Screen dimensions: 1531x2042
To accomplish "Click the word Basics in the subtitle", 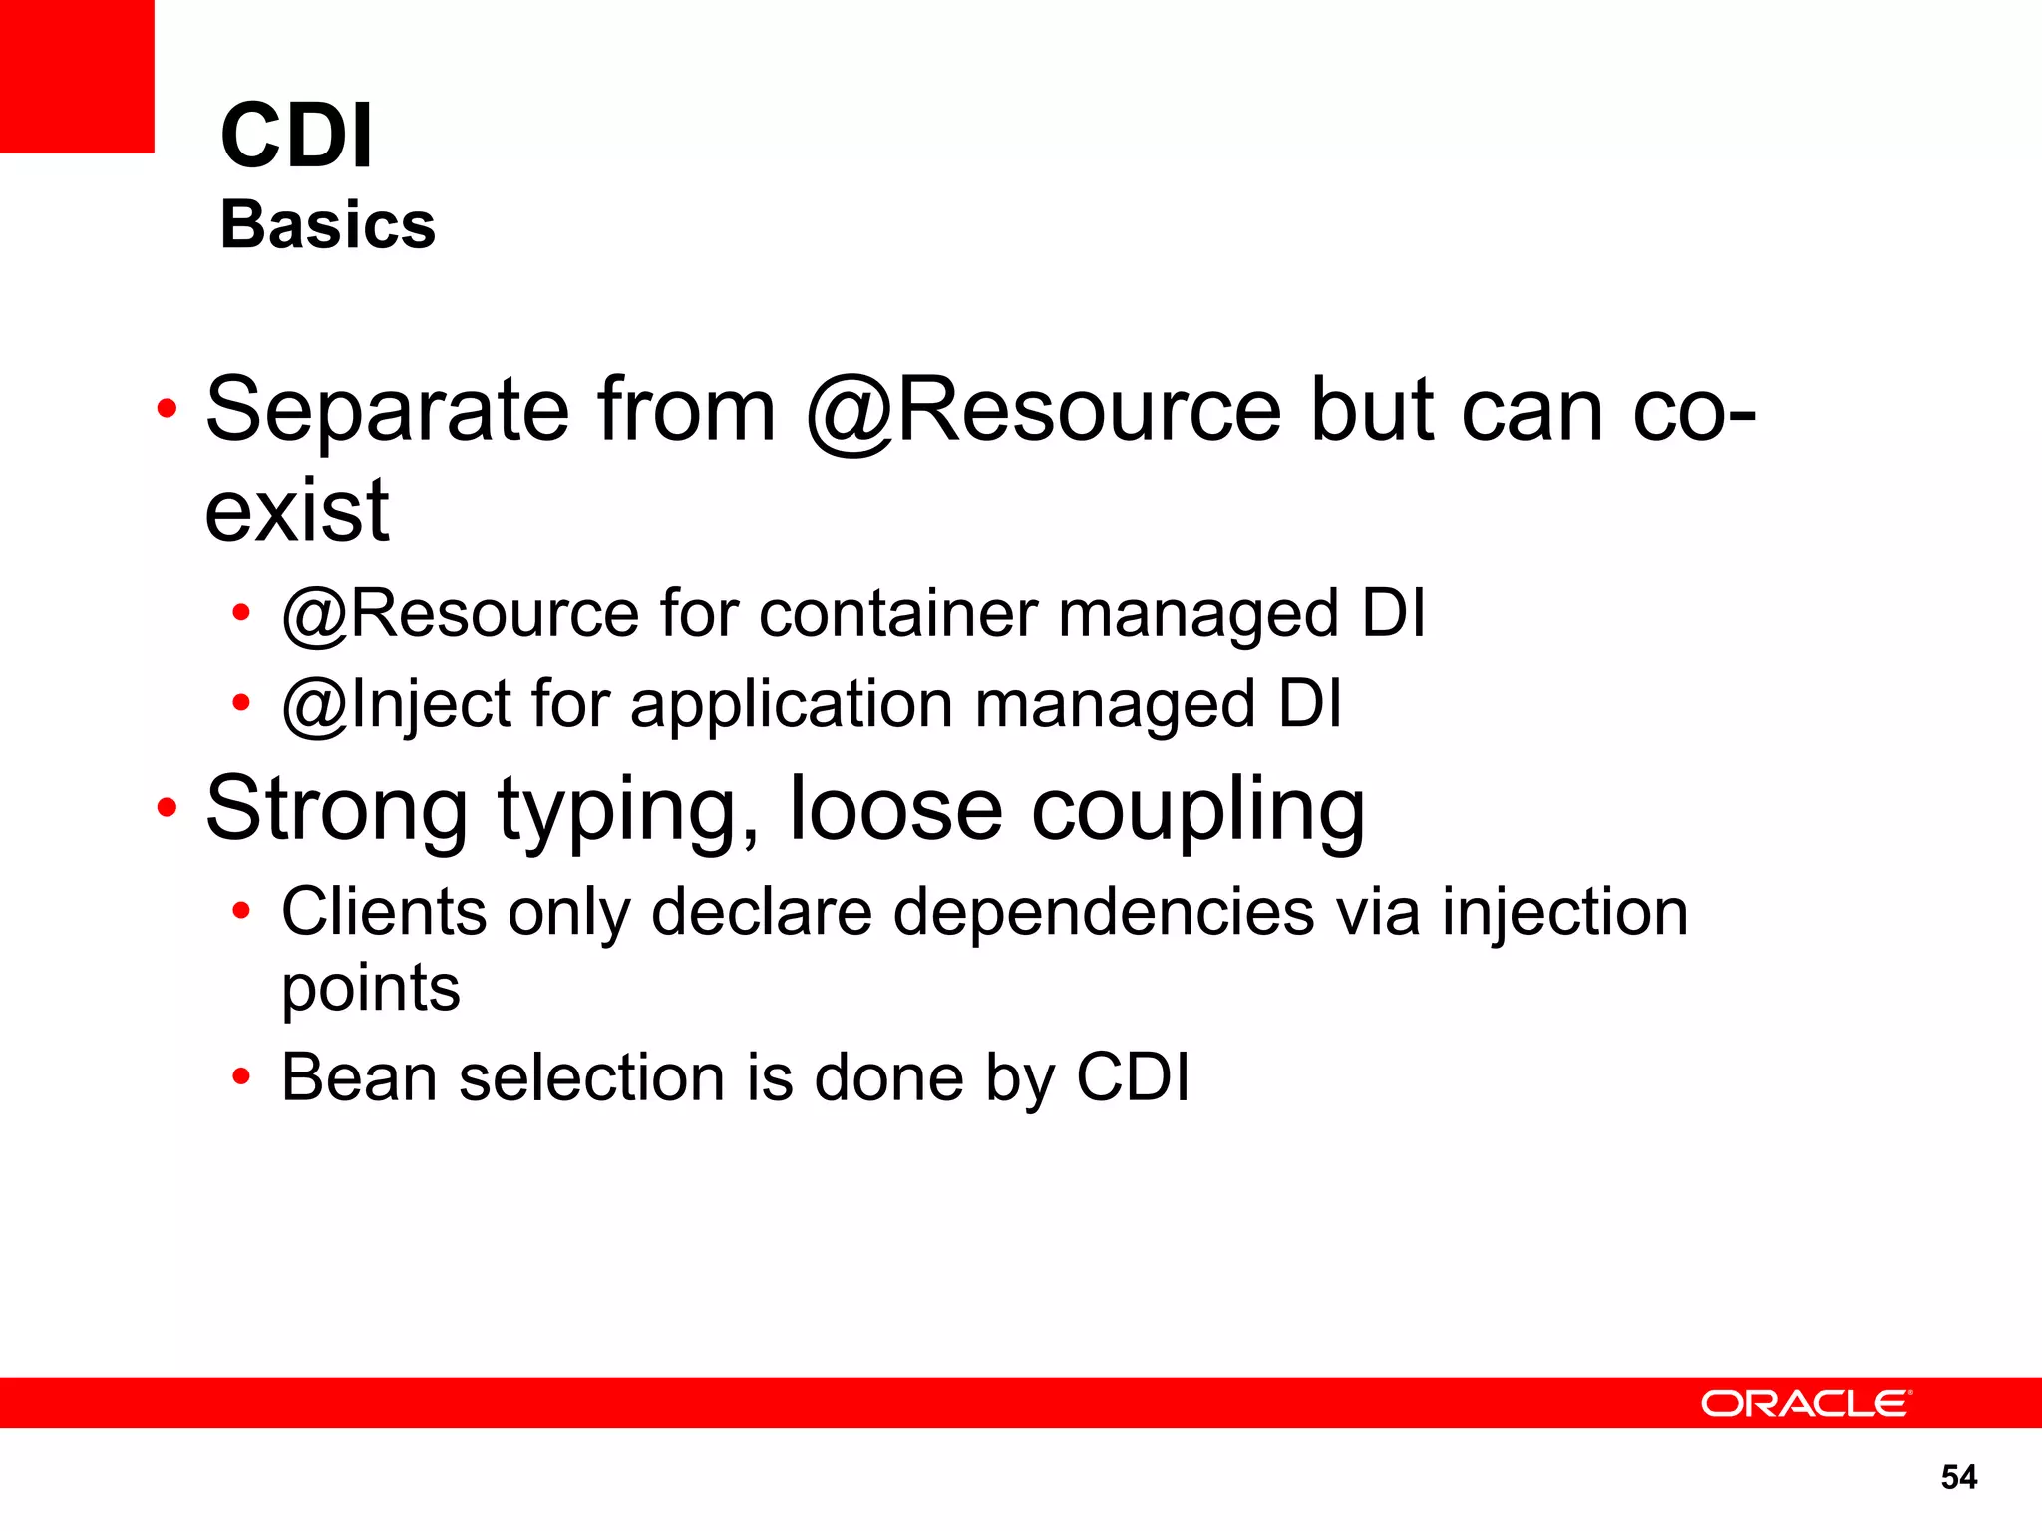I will point(328,225).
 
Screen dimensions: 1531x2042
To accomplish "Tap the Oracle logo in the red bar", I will point(1806,1403).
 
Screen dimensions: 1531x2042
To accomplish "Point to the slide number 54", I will point(1958,1477).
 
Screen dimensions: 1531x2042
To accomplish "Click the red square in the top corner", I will point(77,76).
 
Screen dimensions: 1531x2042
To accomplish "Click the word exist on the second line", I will point(297,511).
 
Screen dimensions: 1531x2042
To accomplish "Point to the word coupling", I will point(1197,810).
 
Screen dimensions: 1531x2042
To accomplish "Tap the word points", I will point(371,989).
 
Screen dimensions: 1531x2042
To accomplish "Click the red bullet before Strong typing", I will point(167,807).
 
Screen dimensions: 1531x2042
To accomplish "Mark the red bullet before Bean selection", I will point(240,1077).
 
